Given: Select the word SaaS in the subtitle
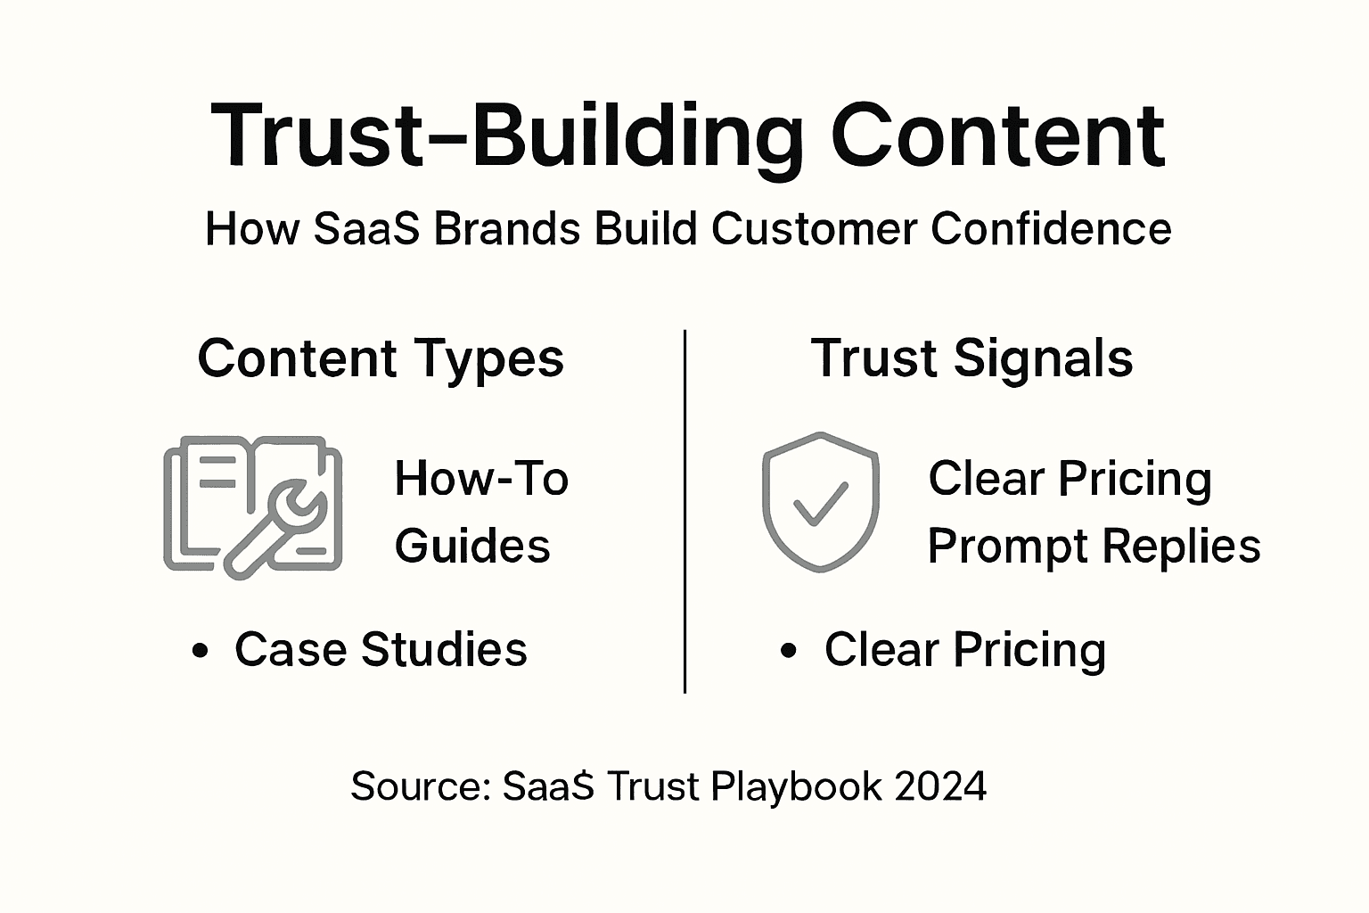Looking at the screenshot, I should pyautogui.click(x=366, y=229).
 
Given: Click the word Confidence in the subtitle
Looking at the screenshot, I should pyautogui.click(x=1051, y=229).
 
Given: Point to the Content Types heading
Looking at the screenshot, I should pyautogui.click(x=381, y=358).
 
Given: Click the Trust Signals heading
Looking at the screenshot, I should pyautogui.click(x=971, y=358).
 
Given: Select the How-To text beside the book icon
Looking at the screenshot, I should pyautogui.click(x=481, y=479).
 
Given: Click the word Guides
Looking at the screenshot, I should pyautogui.click(x=472, y=546).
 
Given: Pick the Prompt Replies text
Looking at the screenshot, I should pyautogui.click(x=1094, y=546).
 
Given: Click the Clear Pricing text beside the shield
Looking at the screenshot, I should pyautogui.click(x=1070, y=479).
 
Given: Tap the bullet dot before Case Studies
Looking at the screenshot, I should pyautogui.click(x=201, y=651).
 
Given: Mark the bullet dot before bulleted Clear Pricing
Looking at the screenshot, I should pyautogui.click(x=788, y=651).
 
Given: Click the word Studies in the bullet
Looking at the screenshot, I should pyautogui.click(x=444, y=649).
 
